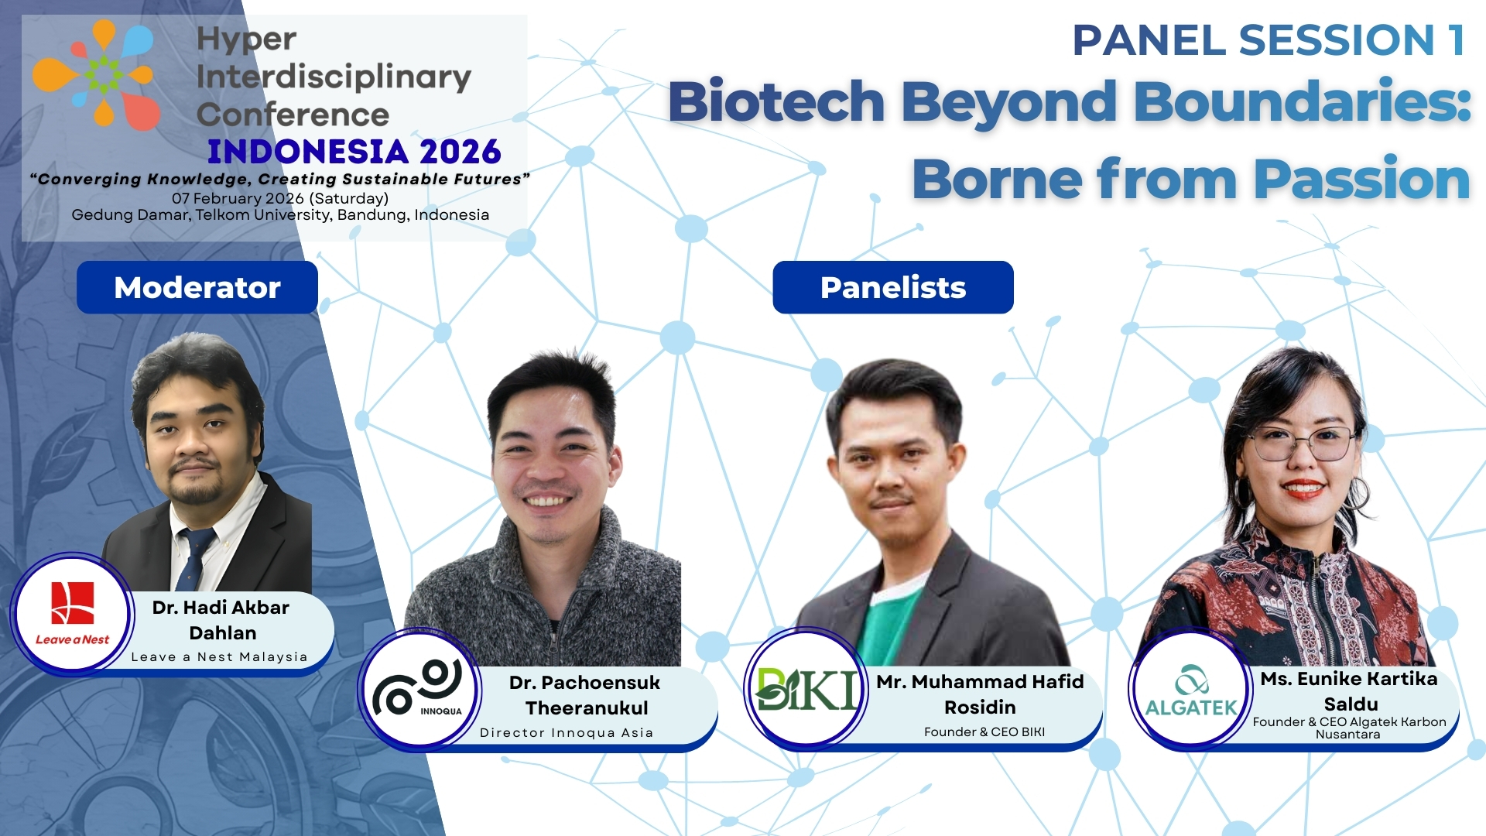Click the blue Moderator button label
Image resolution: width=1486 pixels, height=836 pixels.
click(x=197, y=287)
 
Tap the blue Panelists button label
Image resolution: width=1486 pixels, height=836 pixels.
click(x=892, y=287)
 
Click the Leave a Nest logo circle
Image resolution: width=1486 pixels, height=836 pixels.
click(x=72, y=614)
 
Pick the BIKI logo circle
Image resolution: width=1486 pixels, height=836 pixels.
click(x=807, y=688)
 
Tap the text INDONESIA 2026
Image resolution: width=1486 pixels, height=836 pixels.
click(x=354, y=152)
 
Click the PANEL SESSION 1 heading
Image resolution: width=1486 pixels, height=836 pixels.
click(x=1269, y=40)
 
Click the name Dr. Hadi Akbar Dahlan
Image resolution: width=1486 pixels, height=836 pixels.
click(x=221, y=620)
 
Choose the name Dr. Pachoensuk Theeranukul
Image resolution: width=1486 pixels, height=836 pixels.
click(x=585, y=695)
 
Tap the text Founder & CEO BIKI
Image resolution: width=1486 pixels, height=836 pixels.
click(x=984, y=731)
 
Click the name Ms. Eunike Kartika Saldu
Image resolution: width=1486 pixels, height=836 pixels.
click(x=1349, y=690)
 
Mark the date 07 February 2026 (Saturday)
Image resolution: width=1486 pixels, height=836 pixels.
click(x=280, y=198)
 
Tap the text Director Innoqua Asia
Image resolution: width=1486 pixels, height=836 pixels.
click(x=567, y=732)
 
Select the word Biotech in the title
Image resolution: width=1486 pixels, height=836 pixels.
click(x=776, y=102)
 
